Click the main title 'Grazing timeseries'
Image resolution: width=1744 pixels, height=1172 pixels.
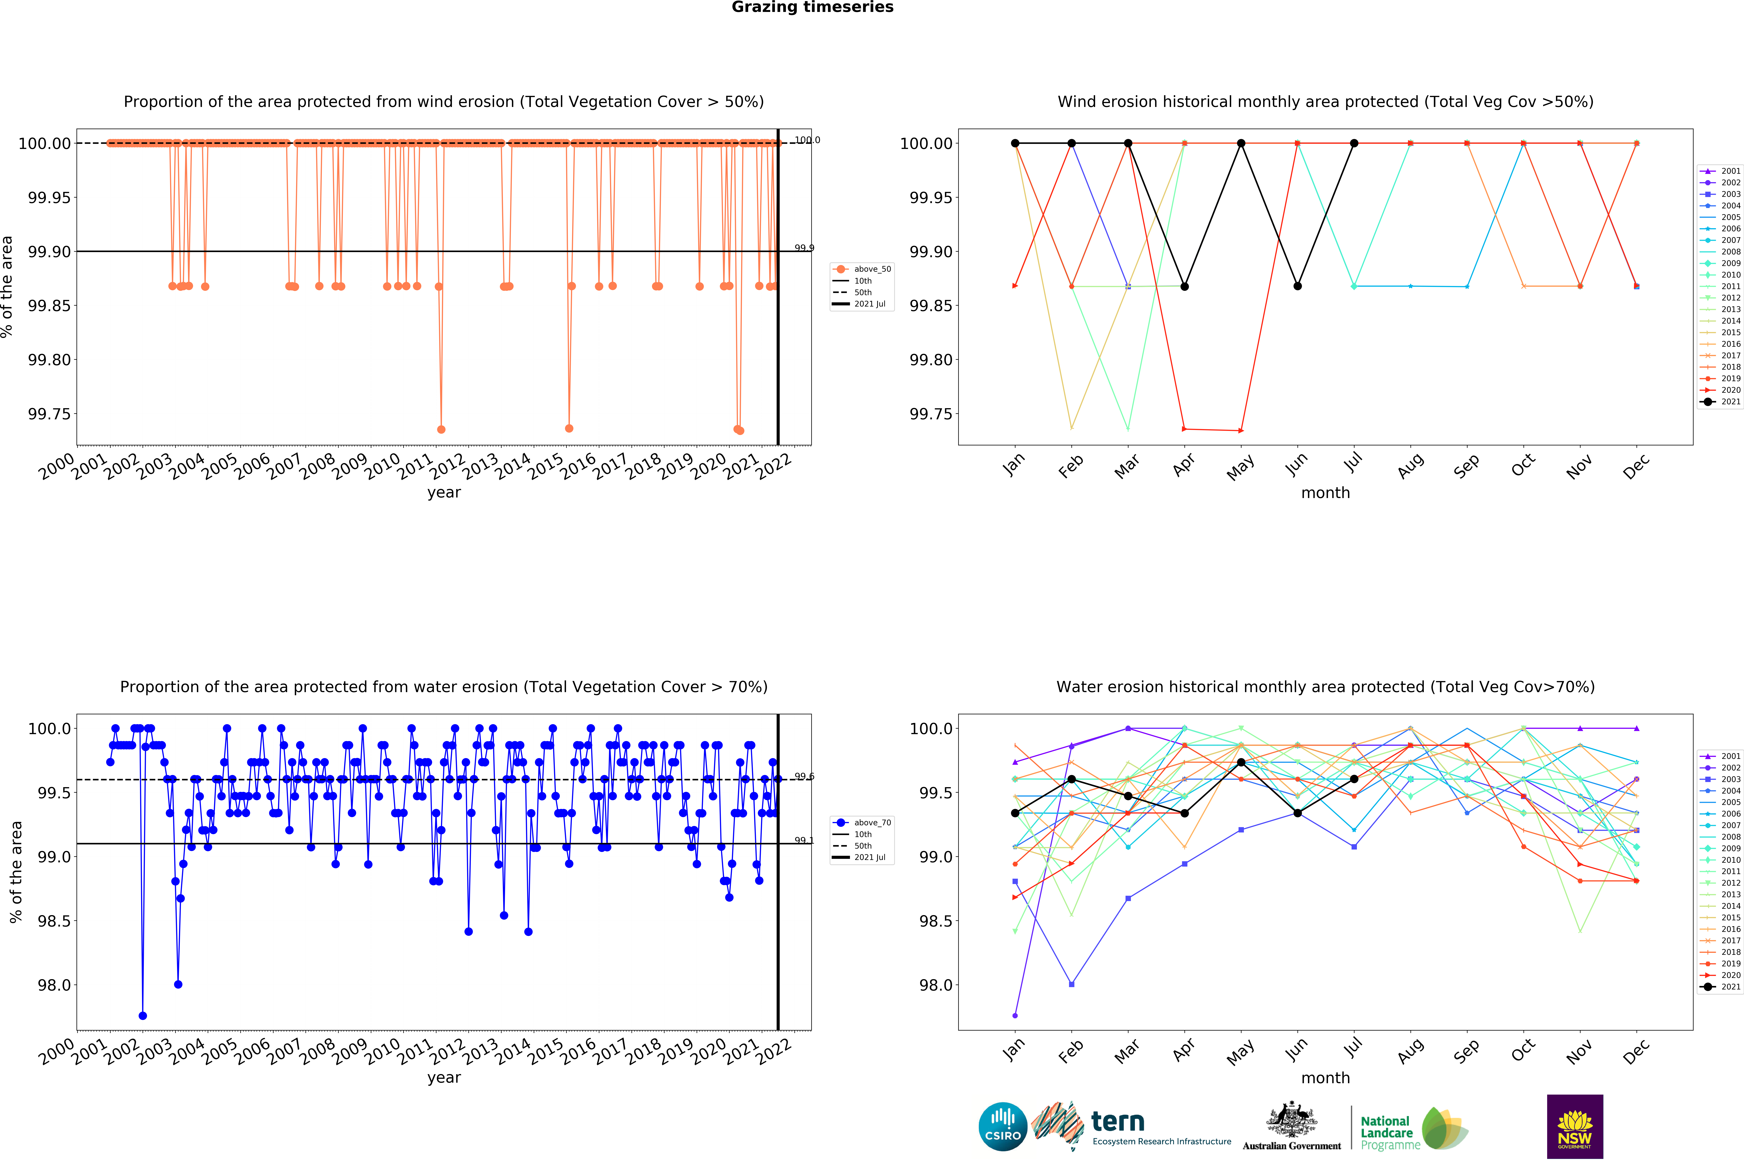[x=813, y=8]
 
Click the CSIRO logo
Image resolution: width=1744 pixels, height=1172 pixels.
[x=1002, y=1126]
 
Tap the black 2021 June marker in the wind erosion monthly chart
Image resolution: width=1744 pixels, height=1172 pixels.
[x=1298, y=286]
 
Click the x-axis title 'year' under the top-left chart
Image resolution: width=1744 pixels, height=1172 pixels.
[x=444, y=493]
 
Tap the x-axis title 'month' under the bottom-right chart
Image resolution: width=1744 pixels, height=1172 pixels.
[x=1325, y=1078]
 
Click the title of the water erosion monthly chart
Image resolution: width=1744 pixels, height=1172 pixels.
[x=1325, y=687]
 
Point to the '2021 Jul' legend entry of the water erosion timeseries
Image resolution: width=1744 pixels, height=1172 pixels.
[x=869, y=857]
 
